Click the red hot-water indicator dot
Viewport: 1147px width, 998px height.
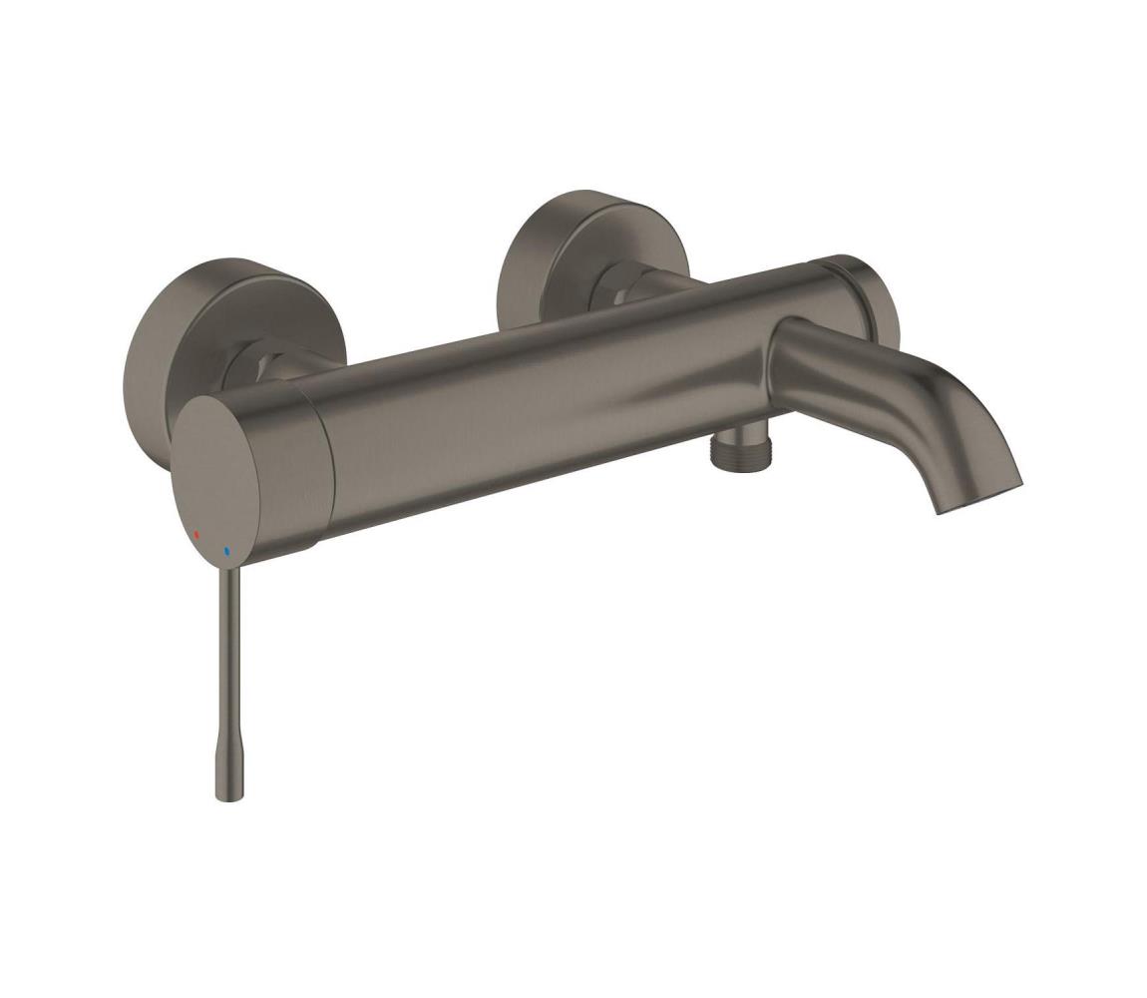point(196,535)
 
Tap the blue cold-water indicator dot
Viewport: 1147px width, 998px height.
point(227,551)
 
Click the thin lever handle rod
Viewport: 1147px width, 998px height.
point(229,659)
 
